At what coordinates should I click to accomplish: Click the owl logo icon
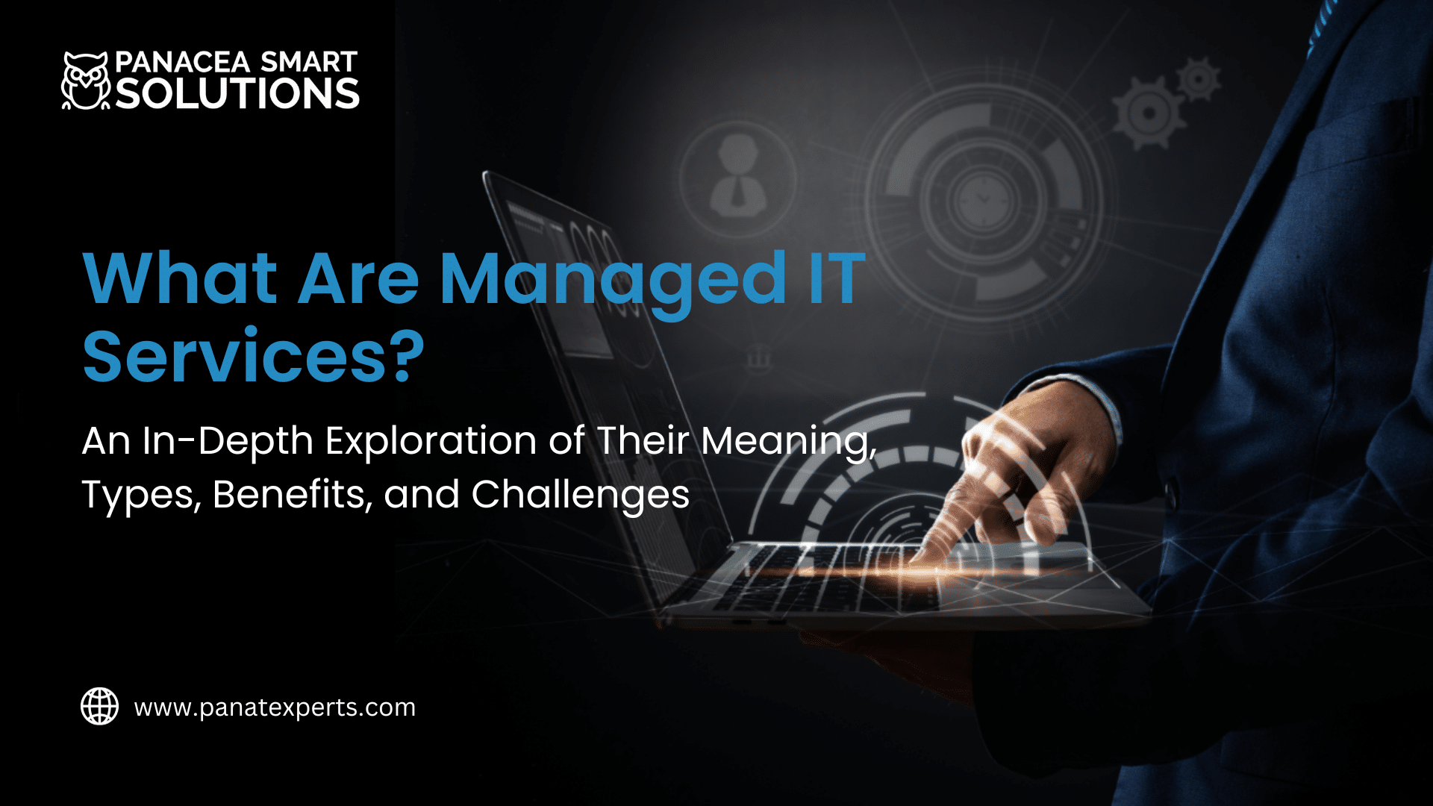(x=85, y=81)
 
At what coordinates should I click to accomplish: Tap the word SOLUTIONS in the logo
(x=237, y=94)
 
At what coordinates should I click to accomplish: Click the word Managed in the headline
(x=612, y=281)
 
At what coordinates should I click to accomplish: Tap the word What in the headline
(x=180, y=279)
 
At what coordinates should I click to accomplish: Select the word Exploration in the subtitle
(x=431, y=440)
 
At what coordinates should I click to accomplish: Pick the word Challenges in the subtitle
(x=580, y=494)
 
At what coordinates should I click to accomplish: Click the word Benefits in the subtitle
(x=293, y=494)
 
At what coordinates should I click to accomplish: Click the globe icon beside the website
(x=99, y=706)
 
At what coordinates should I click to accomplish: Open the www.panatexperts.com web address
(x=275, y=707)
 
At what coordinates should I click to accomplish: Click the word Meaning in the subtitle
(x=787, y=442)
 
